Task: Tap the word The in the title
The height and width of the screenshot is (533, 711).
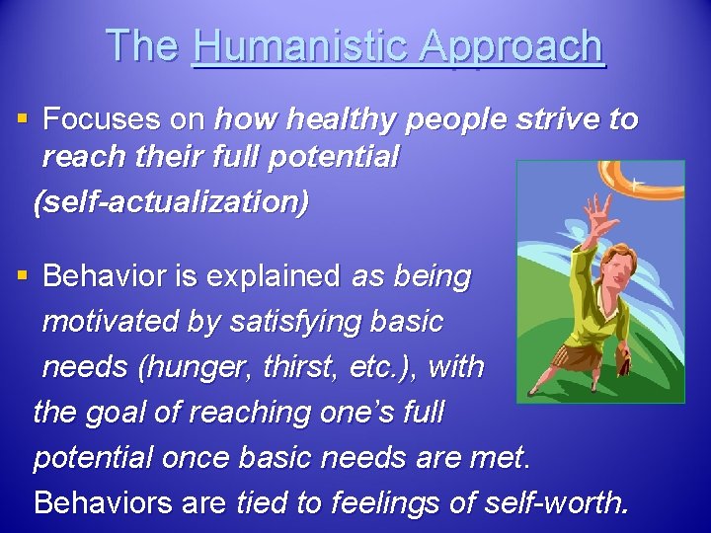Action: pos(143,46)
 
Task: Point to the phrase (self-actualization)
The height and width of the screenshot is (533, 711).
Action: pos(170,202)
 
